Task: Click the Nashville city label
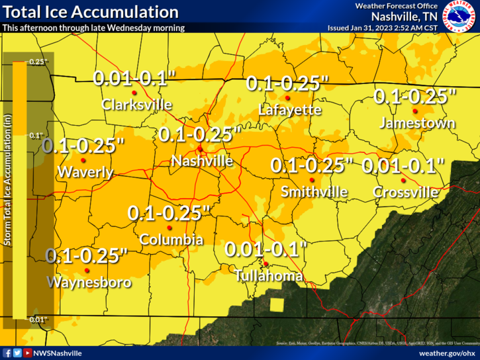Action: click(x=202, y=161)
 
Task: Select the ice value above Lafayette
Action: click(x=287, y=84)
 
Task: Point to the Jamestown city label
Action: click(x=417, y=123)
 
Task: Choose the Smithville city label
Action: click(x=314, y=192)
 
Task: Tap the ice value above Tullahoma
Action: click(x=266, y=250)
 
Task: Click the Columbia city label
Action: click(x=171, y=240)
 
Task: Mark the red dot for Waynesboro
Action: click(x=87, y=271)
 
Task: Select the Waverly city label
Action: click(x=85, y=173)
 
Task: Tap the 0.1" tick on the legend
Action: click(x=37, y=135)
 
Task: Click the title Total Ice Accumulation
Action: click(x=91, y=12)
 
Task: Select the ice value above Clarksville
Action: click(x=134, y=78)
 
